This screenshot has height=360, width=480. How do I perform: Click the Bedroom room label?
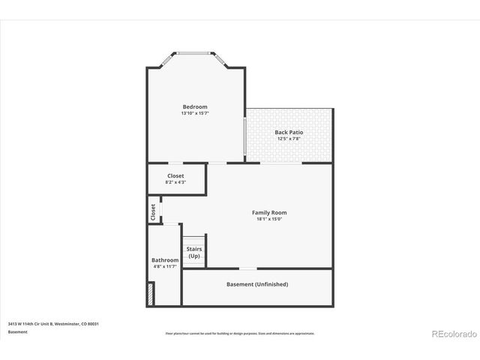(195, 106)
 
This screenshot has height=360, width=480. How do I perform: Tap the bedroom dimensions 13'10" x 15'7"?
(195, 113)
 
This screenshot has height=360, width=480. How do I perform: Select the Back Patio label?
(289, 132)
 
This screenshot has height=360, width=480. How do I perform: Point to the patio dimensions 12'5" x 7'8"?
(289, 139)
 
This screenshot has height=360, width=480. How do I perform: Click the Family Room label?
(268, 212)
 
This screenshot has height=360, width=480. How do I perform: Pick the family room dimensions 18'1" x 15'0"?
(268, 219)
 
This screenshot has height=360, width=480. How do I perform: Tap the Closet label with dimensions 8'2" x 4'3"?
(175, 175)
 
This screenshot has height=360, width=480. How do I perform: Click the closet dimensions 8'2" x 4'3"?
(175, 182)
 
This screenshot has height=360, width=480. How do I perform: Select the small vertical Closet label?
(154, 211)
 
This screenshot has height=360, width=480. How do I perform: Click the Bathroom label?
(165, 260)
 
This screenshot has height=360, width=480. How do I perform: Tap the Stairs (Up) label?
(194, 253)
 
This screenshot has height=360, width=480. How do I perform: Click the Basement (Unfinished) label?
(257, 284)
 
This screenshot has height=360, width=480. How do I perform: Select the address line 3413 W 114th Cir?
(53, 323)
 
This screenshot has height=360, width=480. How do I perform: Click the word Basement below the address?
(18, 331)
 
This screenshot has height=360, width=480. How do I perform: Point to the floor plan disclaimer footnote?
(240, 334)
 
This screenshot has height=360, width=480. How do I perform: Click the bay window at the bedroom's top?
(196, 53)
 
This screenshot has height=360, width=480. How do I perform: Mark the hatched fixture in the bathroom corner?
(151, 293)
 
